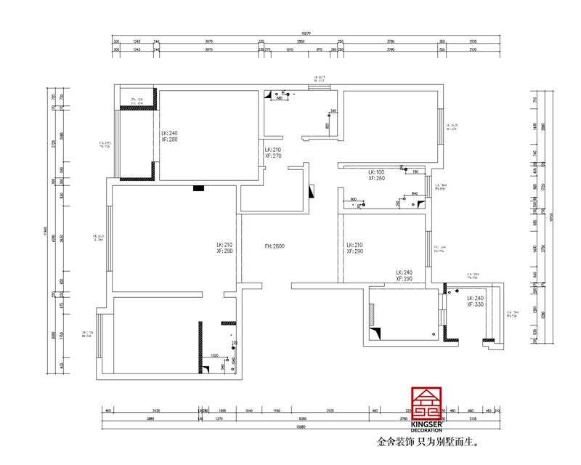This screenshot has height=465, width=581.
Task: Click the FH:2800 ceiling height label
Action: pyautogui.click(x=275, y=246)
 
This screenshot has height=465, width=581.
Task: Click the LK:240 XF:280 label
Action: pyautogui.click(x=169, y=136)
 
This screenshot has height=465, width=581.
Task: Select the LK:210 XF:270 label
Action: pyautogui.click(x=272, y=152)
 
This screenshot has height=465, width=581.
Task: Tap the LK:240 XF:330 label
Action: pyautogui.click(x=475, y=301)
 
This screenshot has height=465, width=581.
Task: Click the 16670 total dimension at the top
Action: pyautogui.click(x=306, y=33)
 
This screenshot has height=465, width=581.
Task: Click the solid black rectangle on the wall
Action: pyautogui.click(x=198, y=188)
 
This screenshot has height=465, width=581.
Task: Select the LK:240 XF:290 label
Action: pyautogui.click(x=405, y=275)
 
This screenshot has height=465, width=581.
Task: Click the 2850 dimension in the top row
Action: pyautogui.click(x=299, y=41)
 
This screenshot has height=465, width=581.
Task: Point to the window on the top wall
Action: pyautogui.click(x=319, y=89)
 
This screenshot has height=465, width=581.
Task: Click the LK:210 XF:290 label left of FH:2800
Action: pyautogui.click(x=224, y=248)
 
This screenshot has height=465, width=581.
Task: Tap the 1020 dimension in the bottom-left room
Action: pyautogui.click(x=215, y=355)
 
